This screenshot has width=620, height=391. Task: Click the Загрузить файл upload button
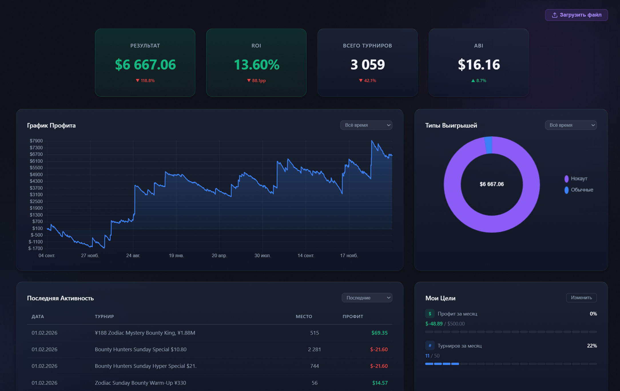(x=576, y=15)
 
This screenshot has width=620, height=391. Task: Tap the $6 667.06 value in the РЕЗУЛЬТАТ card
(x=145, y=65)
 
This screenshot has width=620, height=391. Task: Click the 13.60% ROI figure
(x=256, y=65)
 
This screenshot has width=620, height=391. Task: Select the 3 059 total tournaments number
(x=367, y=65)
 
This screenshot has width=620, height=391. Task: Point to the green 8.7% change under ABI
(x=479, y=81)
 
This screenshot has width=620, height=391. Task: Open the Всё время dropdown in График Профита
(x=366, y=125)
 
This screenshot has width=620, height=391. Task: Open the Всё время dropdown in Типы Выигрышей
(x=571, y=125)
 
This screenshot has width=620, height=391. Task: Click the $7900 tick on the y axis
(x=36, y=141)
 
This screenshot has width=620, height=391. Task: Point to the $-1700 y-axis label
(x=36, y=248)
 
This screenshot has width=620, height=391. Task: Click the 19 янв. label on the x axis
(x=176, y=255)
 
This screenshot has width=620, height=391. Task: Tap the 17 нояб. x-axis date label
(x=349, y=255)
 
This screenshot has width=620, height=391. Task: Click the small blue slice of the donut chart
(x=488, y=145)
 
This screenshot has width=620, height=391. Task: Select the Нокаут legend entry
(x=579, y=178)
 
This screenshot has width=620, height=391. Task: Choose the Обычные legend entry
(x=581, y=190)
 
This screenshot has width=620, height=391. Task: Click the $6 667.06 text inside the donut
(x=492, y=184)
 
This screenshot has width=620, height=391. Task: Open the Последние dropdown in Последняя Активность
(x=367, y=298)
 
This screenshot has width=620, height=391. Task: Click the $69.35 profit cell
(x=379, y=333)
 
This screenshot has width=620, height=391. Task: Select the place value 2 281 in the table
(x=314, y=349)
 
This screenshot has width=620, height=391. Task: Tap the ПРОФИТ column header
(x=353, y=316)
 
